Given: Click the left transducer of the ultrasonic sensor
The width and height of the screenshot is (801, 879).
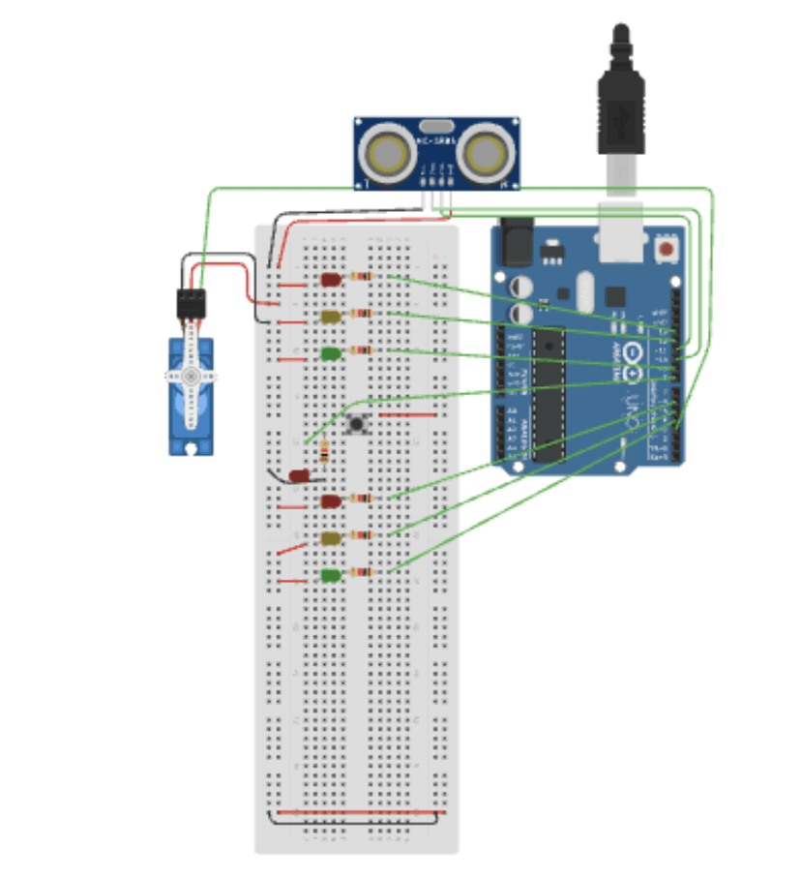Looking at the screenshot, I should (x=387, y=152).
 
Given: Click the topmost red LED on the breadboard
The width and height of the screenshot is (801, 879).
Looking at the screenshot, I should (x=331, y=280).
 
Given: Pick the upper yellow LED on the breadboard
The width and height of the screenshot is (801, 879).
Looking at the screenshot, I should (x=331, y=317).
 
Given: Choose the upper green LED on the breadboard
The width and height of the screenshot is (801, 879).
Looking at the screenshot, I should (x=331, y=354).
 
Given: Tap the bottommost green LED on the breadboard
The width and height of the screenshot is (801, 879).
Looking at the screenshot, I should (x=331, y=576).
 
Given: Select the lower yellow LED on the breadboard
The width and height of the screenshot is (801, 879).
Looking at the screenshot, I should (x=331, y=538).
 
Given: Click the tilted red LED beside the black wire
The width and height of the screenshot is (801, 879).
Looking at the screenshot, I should (x=300, y=476).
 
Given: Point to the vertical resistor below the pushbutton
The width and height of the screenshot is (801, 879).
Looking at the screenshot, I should (x=323, y=451).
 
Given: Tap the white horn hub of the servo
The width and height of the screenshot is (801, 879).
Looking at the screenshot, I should (x=192, y=375).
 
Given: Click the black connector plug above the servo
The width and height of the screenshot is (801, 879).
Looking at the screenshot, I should (x=192, y=304).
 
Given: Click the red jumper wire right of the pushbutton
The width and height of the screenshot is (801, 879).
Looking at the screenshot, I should (x=408, y=414).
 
